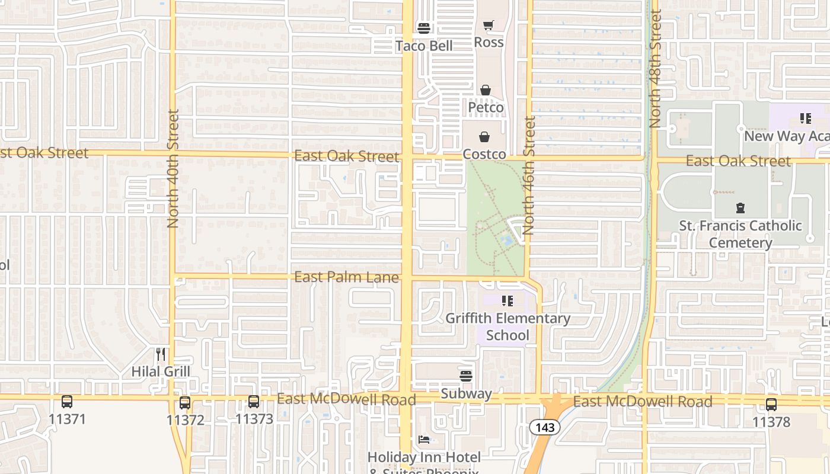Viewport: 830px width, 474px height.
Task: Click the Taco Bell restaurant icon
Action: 424,28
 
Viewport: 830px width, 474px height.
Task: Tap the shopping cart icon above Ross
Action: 488,25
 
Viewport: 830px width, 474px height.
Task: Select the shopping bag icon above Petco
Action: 486,90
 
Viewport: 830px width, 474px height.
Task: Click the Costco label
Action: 484,155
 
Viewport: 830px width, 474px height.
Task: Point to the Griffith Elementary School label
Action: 507,326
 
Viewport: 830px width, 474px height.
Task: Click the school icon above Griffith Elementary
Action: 507,301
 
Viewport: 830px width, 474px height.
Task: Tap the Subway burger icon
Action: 466,376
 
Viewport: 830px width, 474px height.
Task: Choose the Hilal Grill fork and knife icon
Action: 161,354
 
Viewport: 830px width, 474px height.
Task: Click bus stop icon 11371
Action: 67,402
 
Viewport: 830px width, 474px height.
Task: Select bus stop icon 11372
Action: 185,403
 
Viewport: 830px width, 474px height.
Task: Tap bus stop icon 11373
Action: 254,402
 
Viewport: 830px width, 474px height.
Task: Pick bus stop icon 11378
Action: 771,405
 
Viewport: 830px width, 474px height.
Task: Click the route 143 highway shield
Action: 544,427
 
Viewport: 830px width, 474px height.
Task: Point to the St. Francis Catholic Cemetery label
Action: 740,234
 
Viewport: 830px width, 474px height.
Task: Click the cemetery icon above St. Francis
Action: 740,208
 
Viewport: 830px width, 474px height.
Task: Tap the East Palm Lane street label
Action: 346,277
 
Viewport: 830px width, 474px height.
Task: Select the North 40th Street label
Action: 173,169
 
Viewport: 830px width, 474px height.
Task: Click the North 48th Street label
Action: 655,69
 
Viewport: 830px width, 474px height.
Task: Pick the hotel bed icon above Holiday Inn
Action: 424,439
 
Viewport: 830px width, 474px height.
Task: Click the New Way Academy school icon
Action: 805,118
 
